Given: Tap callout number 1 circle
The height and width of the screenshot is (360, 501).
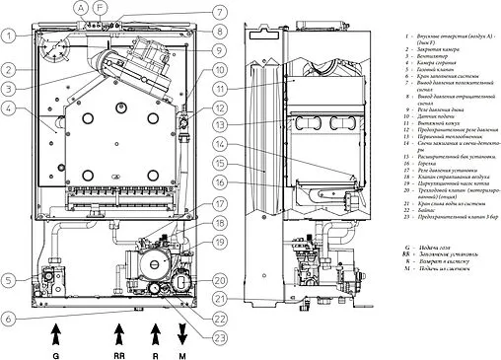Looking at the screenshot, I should click(9, 36).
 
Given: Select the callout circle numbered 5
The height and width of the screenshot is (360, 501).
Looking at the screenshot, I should click(9, 281).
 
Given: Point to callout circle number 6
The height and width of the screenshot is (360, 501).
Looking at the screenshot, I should click(9, 318).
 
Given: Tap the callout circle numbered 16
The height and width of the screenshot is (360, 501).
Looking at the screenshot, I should click(219, 181).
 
